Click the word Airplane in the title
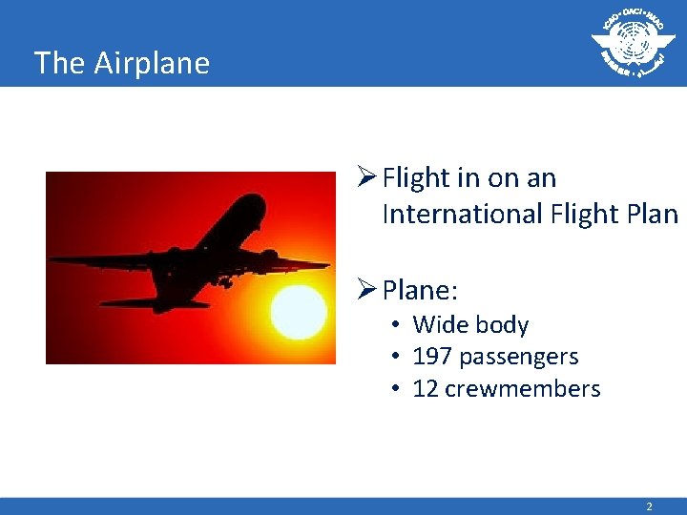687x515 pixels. (x=151, y=63)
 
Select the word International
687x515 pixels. (x=462, y=214)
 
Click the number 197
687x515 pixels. (x=432, y=357)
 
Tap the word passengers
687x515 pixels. (x=518, y=357)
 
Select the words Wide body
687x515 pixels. (x=470, y=325)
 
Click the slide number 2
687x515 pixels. (x=649, y=506)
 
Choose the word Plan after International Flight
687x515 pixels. (x=654, y=214)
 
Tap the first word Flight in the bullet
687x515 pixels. (x=415, y=178)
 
